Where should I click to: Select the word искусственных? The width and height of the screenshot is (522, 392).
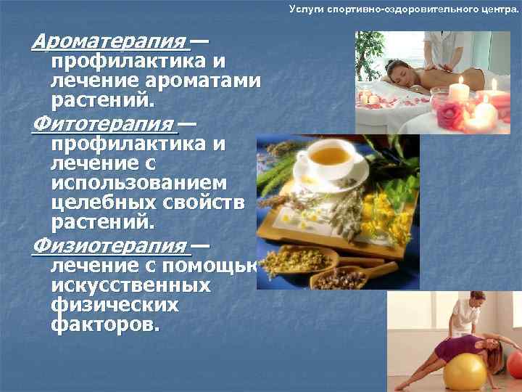click(x=130, y=285)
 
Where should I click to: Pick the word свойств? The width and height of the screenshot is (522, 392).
click(x=210, y=201)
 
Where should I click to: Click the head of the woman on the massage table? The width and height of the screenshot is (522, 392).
click(x=397, y=73)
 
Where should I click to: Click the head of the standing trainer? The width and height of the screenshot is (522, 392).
click(x=476, y=299)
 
